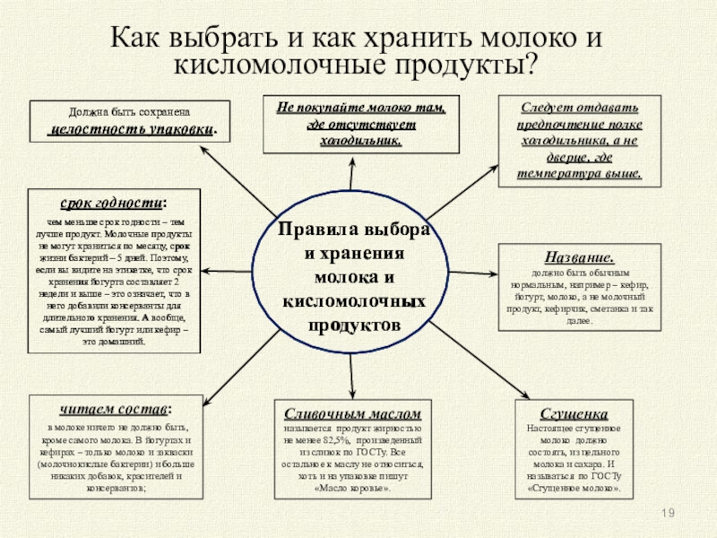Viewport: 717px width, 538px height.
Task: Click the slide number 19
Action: (x=667, y=512)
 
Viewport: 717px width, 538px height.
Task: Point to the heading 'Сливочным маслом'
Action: (x=352, y=413)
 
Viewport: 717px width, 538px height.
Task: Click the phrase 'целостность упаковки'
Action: (x=132, y=129)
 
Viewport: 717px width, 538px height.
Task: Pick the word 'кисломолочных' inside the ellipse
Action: (x=351, y=299)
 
